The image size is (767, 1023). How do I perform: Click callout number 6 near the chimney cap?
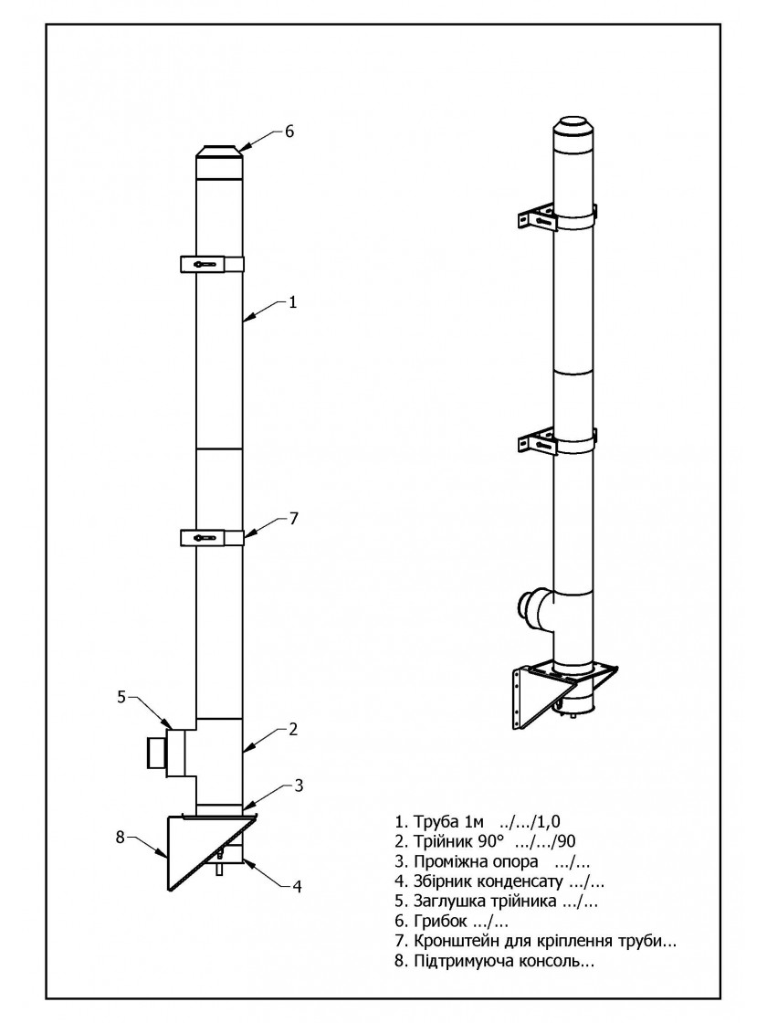[x=289, y=132]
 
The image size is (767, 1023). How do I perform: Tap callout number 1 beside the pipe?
[x=293, y=302]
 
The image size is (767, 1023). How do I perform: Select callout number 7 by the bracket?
[x=293, y=518]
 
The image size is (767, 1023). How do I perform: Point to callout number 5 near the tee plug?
[x=121, y=697]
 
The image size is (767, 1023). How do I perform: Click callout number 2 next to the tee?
[x=293, y=729]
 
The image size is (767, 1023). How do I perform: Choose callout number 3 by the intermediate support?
[x=299, y=786]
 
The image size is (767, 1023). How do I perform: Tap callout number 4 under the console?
[x=297, y=887]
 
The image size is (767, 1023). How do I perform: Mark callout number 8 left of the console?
[x=120, y=837]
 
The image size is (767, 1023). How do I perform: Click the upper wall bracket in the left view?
[x=212, y=264]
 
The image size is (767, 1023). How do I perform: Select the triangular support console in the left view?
[x=210, y=849]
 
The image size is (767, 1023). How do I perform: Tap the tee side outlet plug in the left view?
[x=166, y=753]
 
